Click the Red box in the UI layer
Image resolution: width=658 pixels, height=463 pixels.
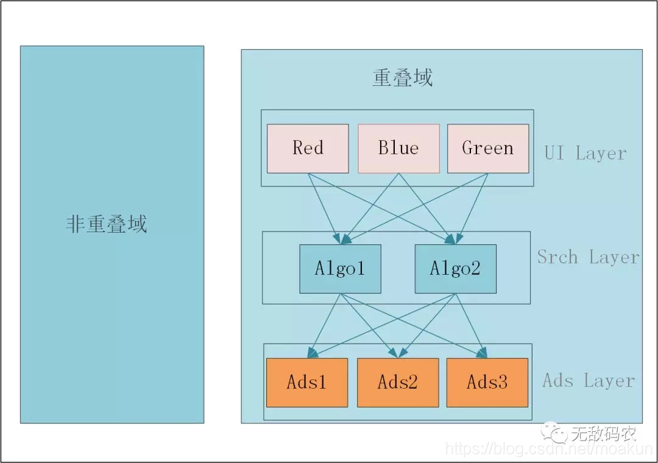coord(308,149)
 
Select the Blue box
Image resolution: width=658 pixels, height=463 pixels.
coord(398,149)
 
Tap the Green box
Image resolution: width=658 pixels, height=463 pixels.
coord(488,149)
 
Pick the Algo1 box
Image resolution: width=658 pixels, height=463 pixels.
coord(340,269)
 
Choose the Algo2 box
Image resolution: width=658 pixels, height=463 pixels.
coord(455,269)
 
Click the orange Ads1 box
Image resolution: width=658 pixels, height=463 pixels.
coord(307,383)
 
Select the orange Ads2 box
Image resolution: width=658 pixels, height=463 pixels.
coord(398,383)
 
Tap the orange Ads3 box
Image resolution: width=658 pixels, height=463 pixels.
coord(487,383)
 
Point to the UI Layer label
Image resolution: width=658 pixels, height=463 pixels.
coord(585,153)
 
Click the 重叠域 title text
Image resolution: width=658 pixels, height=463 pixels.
coord(403,78)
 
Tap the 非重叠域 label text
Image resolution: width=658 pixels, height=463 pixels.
coord(107,224)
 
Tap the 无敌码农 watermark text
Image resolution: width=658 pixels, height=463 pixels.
coord(604,434)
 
